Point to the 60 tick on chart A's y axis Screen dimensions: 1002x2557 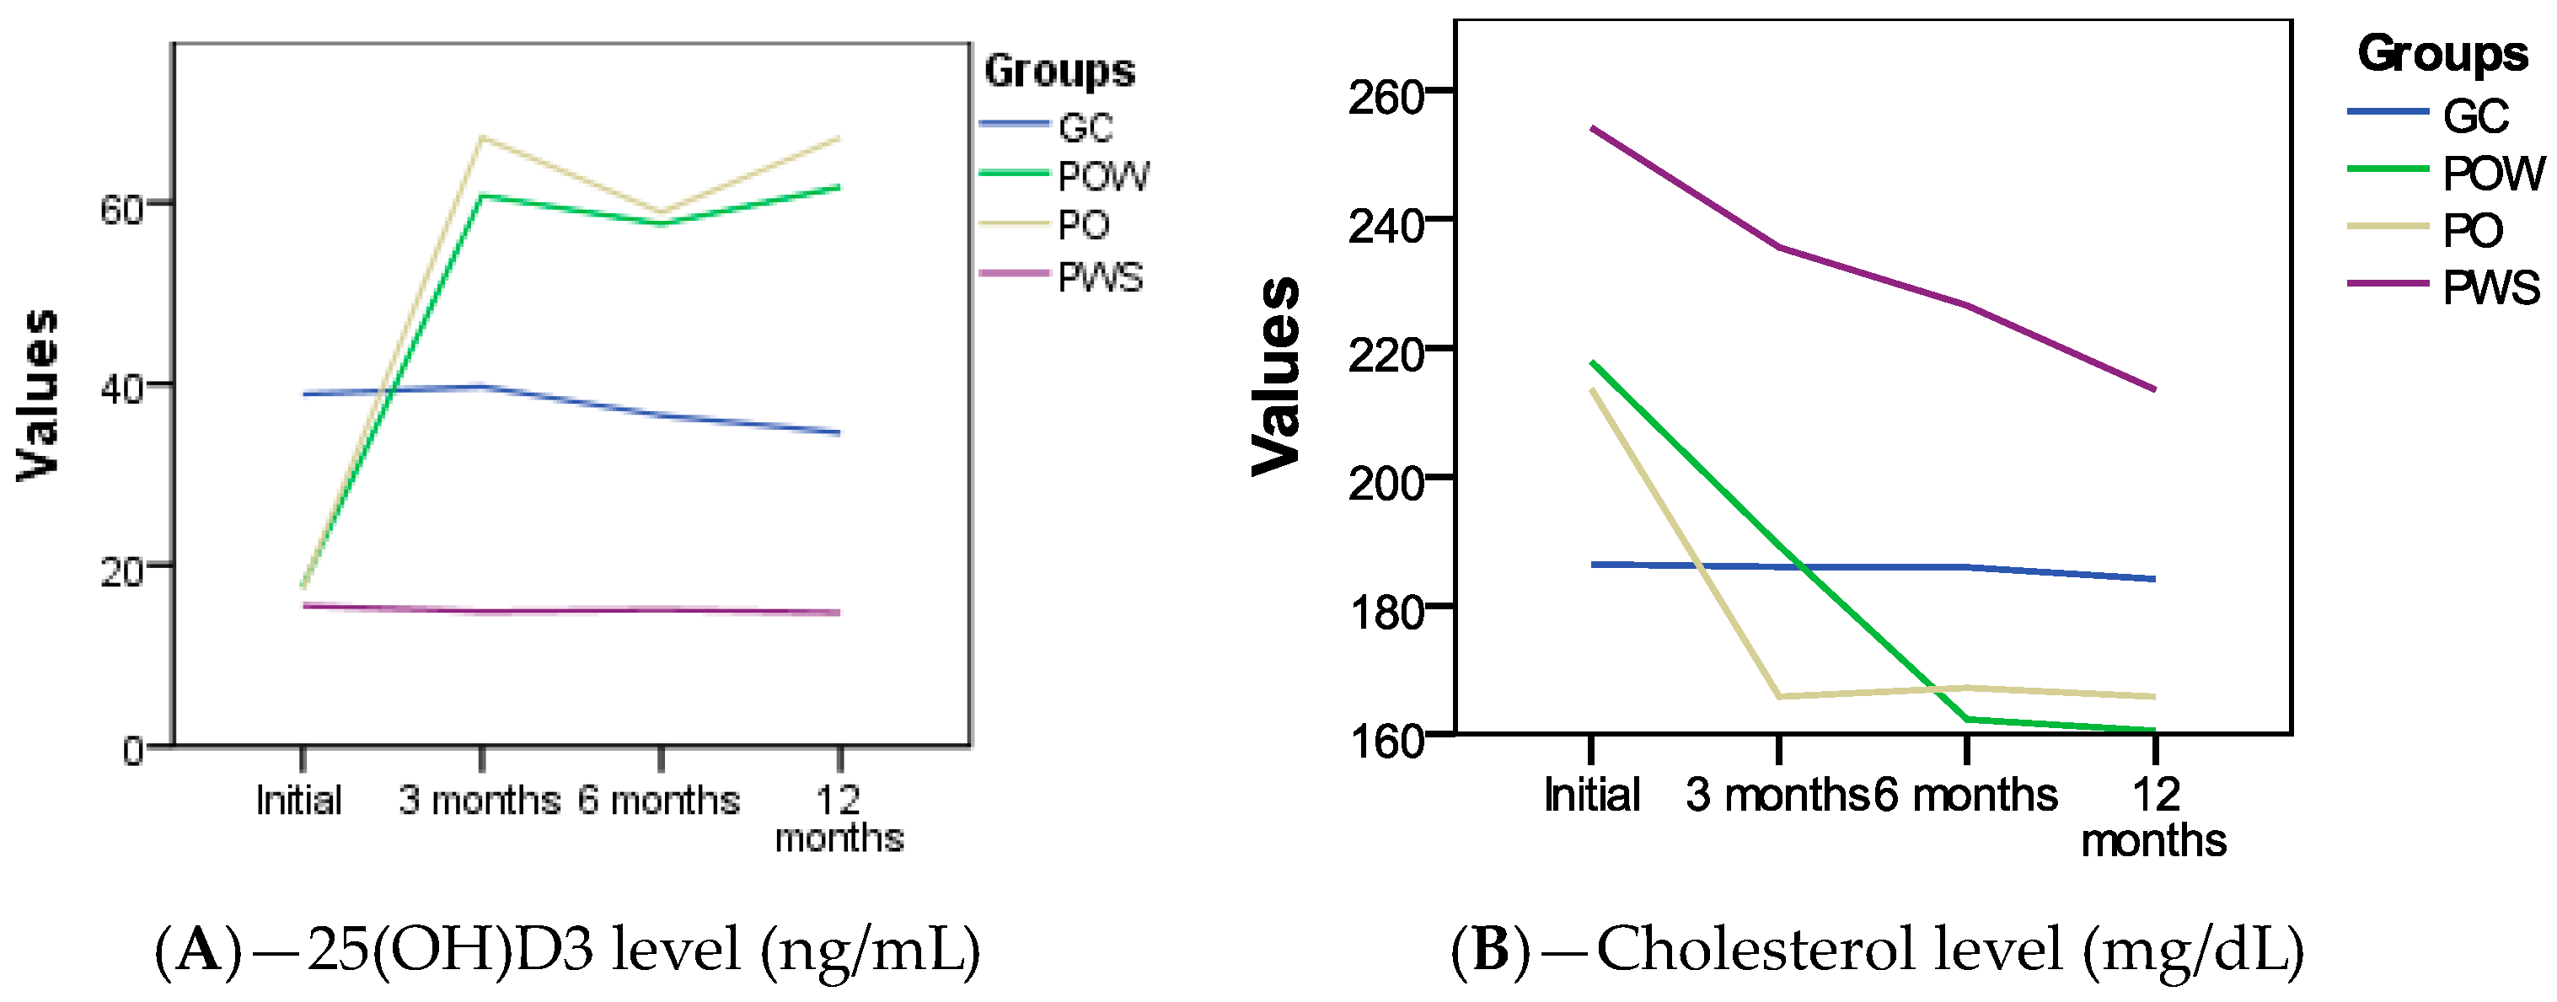[x=122, y=209]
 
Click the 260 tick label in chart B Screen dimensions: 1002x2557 [x=1386, y=97]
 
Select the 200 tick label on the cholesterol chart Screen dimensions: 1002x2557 [x=1386, y=484]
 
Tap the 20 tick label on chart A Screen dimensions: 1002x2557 [x=122, y=571]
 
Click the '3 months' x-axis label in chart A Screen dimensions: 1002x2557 [x=480, y=800]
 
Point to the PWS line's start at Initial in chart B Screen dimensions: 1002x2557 [x=1592, y=128]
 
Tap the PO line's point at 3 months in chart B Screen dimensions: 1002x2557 [x=1780, y=696]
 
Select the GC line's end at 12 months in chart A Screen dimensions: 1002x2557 [x=839, y=432]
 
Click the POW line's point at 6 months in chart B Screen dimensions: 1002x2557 [x=1967, y=719]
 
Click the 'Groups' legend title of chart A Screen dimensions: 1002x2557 [x=1059, y=72]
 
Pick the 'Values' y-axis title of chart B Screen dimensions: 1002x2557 [x=1275, y=376]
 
